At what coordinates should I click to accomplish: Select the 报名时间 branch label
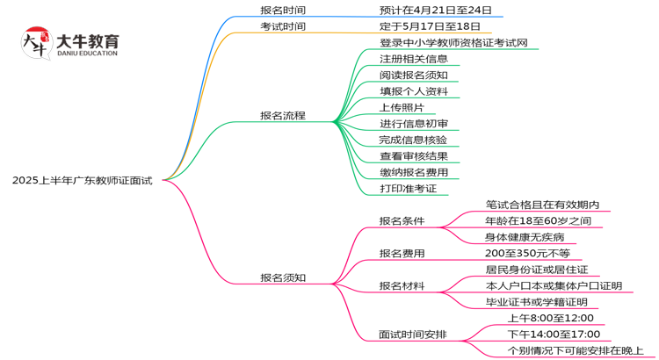pyautogui.click(x=283, y=10)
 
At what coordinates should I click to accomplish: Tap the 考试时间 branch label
pyautogui.click(x=283, y=26)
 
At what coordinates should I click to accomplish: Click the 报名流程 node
pyautogui.click(x=283, y=115)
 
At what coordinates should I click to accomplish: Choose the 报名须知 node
pyautogui.click(x=283, y=277)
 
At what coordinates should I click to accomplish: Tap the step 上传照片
pyautogui.click(x=402, y=107)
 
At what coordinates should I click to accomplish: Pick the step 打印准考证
pyautogui.click(x=408, y=188)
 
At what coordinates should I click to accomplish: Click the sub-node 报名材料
pyautogui.click(x=402, y=285)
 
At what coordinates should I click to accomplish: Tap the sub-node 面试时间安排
pyautogui.click(x=412, y=335)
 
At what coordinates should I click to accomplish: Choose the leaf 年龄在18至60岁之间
pyautogui.click(x=538, y=220)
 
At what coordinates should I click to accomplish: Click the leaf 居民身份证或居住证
pyautogui.click(x=537, y=270)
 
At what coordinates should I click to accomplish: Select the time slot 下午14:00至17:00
pyautogui.click(x=554, y=334)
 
